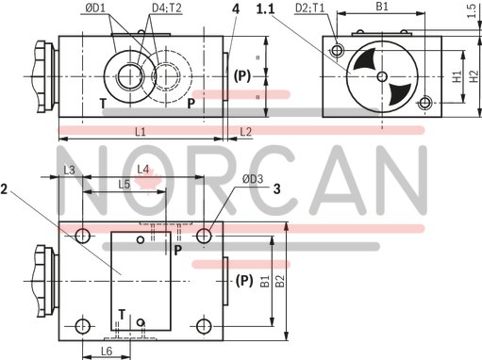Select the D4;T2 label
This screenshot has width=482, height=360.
pos(167,9)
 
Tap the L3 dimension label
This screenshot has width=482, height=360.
pos(69,170)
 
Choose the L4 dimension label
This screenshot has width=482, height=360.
pos(143,169)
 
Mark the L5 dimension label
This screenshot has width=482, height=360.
pos(125,185)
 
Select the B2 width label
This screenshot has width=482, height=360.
pos(279,281)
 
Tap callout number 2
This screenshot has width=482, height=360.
pos(5,188)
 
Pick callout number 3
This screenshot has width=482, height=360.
pos(276,188)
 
